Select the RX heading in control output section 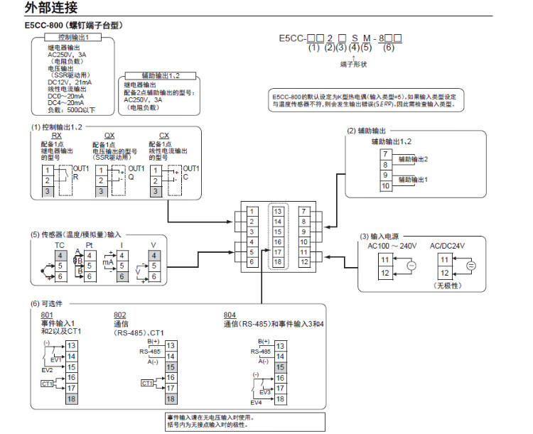(57, 134)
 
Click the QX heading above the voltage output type (109, 134)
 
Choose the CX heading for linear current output (164, 134)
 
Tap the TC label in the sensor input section (40, 244)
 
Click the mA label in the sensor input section (109, 261)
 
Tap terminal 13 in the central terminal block (278, 211)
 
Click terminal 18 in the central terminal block (278, 262)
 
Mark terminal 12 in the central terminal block (304, 262)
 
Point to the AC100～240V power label (392, 245)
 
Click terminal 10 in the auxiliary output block (385, 186)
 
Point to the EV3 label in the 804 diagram (264, 392)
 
